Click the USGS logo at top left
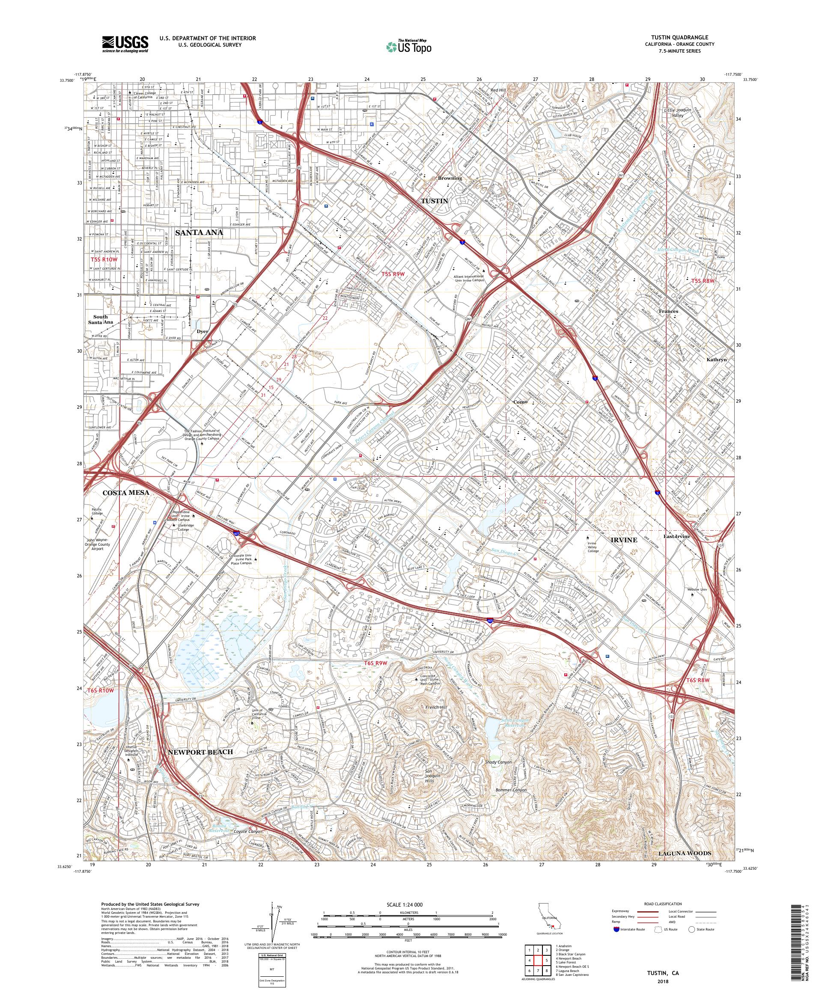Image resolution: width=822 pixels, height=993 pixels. (x=125, y=45)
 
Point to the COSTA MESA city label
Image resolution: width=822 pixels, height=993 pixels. (x=126, y=492)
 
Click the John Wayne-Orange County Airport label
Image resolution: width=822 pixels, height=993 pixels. (x=98, y=544)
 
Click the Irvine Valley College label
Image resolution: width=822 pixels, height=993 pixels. (x=593, y=547)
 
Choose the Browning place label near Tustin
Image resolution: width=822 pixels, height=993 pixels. (x=449, y=179)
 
